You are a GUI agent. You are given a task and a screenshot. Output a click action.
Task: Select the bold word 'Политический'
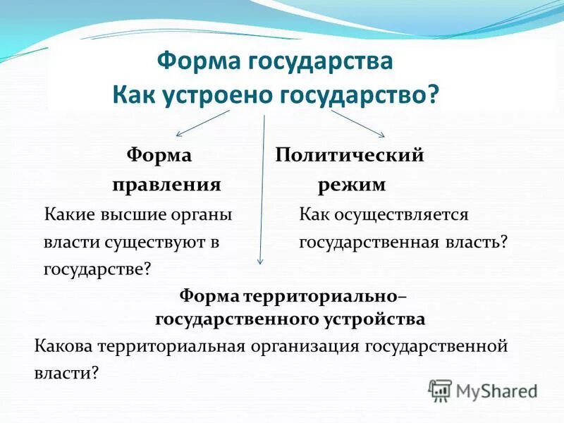point(350,155)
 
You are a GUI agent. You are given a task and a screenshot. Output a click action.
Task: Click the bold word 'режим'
point(351,185)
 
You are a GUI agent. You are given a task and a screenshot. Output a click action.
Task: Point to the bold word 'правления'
point(166,185)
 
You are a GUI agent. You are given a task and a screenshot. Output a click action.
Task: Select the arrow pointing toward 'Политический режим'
point(358,123)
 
